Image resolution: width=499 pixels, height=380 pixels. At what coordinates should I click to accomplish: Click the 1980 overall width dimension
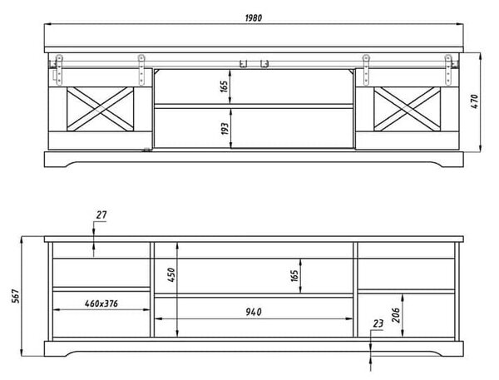point(254,17)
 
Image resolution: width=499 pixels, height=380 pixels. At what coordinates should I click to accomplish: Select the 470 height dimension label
point(474,101)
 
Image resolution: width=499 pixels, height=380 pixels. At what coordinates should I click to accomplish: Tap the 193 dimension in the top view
point(225,129)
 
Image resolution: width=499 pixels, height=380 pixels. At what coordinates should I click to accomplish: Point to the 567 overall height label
point(16,296)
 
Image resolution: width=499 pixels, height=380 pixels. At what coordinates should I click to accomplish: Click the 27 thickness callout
point(101,215)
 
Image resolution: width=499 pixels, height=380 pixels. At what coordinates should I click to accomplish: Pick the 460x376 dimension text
point(101,304)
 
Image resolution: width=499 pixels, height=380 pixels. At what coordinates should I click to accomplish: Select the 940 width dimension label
point(254,312)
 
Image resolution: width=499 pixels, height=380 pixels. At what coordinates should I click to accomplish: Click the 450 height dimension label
point(170,275)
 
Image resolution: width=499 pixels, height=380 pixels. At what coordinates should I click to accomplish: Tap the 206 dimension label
point(396,315)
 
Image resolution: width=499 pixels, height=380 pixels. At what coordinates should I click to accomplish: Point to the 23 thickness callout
point(378,324)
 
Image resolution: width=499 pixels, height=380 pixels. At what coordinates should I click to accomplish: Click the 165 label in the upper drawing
point(224,86)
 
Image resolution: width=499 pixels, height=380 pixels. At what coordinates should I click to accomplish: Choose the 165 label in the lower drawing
point(294,276)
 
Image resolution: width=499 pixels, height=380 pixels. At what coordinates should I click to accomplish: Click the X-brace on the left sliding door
point(101,109)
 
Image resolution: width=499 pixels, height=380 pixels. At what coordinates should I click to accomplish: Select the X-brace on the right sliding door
point(407,109)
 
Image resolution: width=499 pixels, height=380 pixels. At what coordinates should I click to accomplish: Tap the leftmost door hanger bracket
point(59,70)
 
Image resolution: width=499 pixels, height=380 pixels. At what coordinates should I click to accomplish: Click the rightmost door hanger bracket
point(448,70)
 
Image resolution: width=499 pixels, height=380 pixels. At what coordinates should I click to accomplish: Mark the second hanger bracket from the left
point(141,70)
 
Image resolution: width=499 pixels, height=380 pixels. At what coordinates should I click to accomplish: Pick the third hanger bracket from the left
point(366,70)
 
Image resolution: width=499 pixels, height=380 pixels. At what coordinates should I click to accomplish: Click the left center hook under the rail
point(244,64)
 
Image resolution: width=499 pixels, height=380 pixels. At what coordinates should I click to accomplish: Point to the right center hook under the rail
point(264,64)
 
